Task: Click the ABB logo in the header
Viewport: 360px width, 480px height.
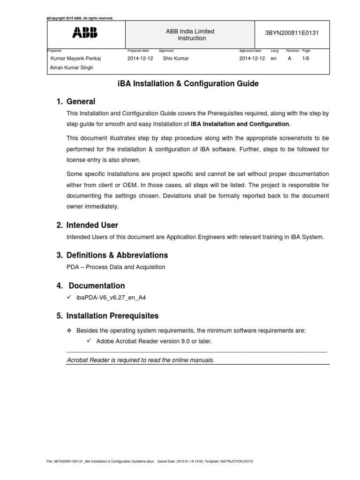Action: (x=85, y=32)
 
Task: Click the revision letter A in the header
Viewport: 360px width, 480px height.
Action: (x=289, y=59)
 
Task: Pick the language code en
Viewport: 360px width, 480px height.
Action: (x=274, y=59)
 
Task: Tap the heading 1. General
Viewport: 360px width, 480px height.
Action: (x=75, y=102)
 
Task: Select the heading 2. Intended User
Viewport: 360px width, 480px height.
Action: (x=87, y=225)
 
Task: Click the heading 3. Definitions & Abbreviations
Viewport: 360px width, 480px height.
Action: (x=112, y=255)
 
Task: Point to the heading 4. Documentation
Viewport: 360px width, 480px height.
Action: (x=91, y=286)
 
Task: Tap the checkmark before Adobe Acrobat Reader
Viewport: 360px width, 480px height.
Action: (x=90, y=341)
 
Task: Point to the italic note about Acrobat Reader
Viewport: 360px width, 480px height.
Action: (x=141, y=360)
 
